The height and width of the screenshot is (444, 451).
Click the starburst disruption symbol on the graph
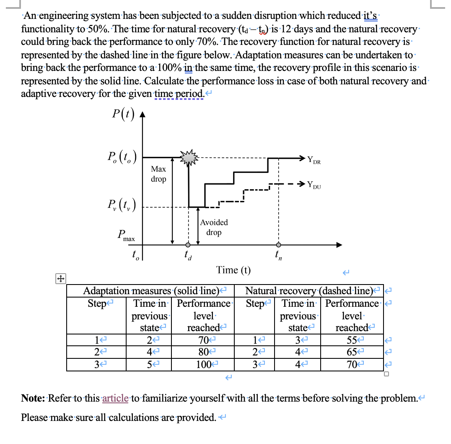coord(188,157)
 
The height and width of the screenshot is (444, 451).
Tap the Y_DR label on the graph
coord(314,160)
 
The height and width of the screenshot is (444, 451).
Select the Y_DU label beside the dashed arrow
coord(314,184)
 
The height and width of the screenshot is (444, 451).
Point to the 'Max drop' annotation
coord(158,174)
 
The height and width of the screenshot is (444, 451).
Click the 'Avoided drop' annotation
coord(214,227)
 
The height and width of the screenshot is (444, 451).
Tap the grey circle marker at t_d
coord(188,245)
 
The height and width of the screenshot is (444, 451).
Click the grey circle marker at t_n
coord(278,245)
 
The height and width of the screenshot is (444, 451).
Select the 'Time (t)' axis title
coord(233,270)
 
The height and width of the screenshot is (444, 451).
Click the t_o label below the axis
coord(134,254)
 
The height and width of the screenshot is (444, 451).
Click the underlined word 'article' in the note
coord(115,398)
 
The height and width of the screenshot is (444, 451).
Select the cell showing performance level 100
coord(204,364)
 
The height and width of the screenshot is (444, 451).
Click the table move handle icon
coord(60,278)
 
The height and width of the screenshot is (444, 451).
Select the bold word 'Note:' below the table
coord(34,398)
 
